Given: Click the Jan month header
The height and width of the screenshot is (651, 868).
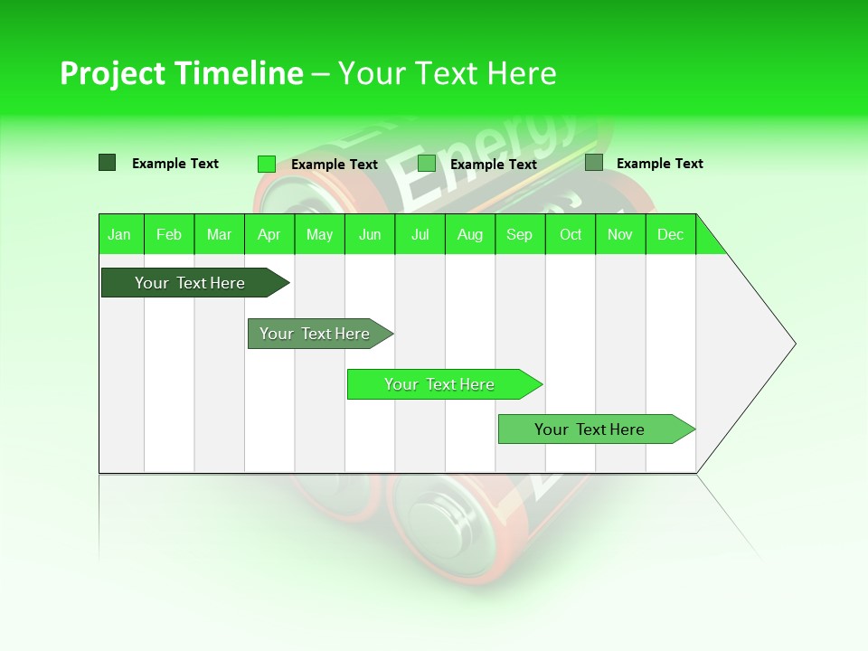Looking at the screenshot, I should pos(120,234).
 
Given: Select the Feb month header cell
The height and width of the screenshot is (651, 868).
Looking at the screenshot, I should pos(169,234).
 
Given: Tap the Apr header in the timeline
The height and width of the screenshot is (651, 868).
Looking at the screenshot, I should pos(269,234).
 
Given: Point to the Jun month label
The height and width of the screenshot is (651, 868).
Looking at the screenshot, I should pos(370,234).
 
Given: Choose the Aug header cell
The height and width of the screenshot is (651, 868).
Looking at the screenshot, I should pos(470,234).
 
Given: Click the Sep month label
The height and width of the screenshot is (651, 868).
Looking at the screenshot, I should pos(520,234).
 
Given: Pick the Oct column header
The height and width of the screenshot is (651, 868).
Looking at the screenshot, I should pos(571,234).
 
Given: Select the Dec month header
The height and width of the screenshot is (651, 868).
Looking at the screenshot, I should pos(671,234).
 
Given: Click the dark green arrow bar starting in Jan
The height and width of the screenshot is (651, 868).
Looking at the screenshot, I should pos(190,283).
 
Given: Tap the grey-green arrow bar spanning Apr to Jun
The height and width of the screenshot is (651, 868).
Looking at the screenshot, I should pos(315,334).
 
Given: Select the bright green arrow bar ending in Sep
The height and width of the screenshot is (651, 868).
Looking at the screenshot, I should pos(439,384).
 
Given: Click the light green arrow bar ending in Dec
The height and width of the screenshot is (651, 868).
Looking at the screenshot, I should pos(590,429).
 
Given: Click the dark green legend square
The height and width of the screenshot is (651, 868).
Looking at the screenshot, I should pos(107,163).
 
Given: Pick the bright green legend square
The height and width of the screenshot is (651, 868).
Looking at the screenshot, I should pos(266,164).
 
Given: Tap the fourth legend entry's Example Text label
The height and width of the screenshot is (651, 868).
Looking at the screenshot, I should pos(659,164).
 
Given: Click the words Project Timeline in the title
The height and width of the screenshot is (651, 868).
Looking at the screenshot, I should pos(181,73).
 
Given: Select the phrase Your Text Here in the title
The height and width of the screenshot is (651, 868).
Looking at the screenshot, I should pos(447,73).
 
